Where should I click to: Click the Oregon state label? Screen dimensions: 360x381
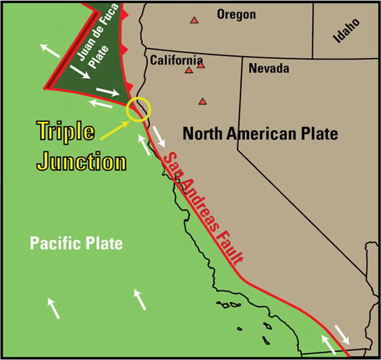(235, 14)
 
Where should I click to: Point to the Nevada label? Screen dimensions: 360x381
(269, 69)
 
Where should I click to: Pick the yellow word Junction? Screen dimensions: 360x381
(81, 161)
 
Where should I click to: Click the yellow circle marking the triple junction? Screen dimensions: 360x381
(137, 109)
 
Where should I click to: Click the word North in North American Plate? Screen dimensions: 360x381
(202, 133)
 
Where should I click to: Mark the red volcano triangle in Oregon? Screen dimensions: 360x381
(194, 21)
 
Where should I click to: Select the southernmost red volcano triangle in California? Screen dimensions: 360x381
(203, 101)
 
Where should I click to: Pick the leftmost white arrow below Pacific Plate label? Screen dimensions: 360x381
(53, 308)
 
